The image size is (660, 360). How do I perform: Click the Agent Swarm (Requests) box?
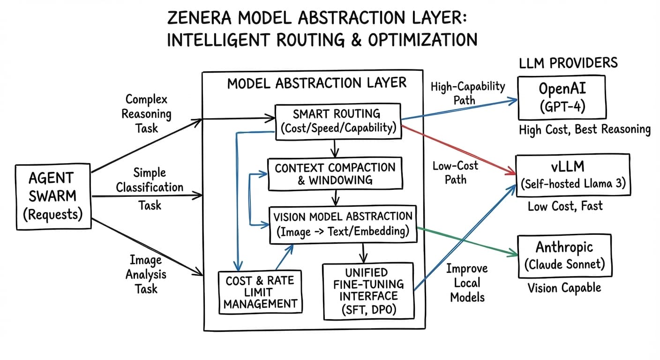pyautogui.click(x=52, y=196)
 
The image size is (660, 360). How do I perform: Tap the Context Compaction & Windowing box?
pyautogui.click(x=335, y=173)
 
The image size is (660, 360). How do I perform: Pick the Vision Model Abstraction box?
pyautogui.click(x=343, y=224)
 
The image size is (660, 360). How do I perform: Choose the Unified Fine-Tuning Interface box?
pyautogui.click(x=368, y=291)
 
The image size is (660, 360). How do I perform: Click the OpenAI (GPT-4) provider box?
pyautogui.click(x=561, y=97)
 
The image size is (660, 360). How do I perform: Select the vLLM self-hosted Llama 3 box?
pyautogui.click(x=573, y=175)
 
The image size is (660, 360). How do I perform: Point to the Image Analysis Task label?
pyautogui.click(x=146, y=274)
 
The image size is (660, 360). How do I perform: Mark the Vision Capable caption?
pyautogui.click(x=564, y=287)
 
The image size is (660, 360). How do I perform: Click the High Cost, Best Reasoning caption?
pyautogui.click(x=584, y=129)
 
